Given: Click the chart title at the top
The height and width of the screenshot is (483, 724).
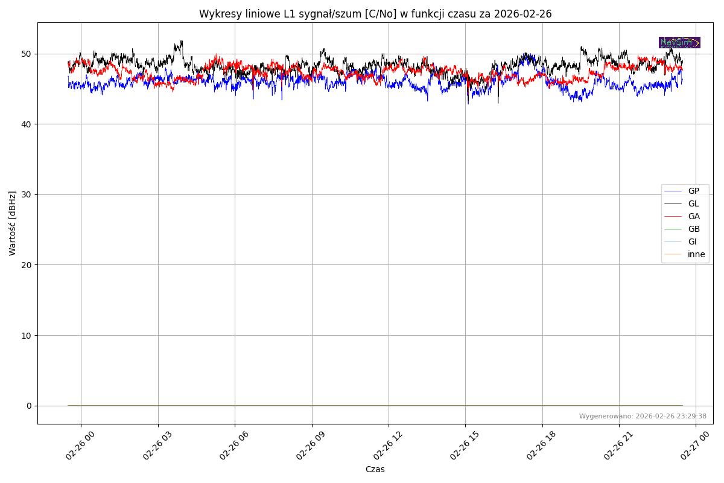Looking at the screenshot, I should [x=375, y=14].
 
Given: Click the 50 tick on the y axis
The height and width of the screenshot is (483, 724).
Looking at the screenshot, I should [x=26, y=54].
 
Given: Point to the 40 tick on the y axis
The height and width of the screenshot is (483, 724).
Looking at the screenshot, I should [x=26, y=124].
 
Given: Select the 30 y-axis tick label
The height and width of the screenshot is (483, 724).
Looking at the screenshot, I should [x=26, y=194].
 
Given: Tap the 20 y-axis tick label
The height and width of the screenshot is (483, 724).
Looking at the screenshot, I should [x=26, y=264].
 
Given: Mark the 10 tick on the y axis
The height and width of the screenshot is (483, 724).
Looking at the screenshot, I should [x=26, y=335].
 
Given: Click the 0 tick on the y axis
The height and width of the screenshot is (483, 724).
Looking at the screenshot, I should [x=28, y=405].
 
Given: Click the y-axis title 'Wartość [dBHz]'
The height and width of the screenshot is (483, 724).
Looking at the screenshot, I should [x=13, y=223].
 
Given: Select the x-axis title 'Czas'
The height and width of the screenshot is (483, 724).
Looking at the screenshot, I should [x=375, y=469].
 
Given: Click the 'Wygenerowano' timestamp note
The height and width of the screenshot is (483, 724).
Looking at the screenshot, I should [x=643, y=416].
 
